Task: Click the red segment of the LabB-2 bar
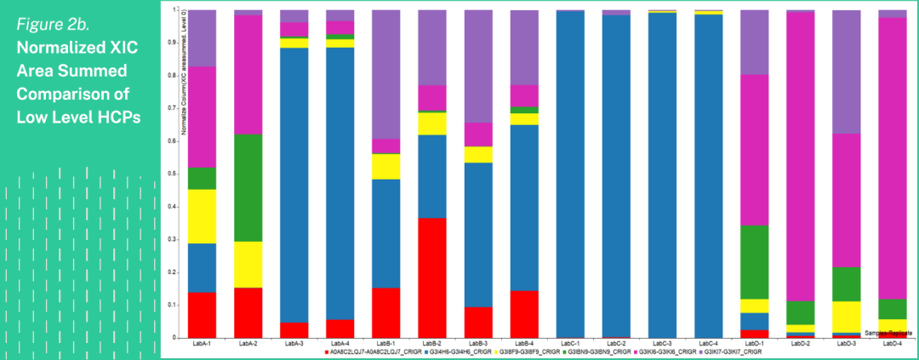[x=432, y=277]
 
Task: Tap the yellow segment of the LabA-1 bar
[x=202, y=216]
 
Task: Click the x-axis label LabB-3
[x=478, y=344]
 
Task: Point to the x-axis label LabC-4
[x=708, y=344]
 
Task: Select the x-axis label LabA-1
[x=202, y=344]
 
